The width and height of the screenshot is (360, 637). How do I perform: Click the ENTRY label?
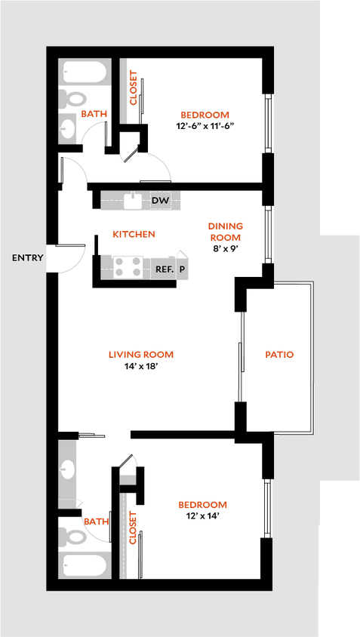pyautogui.click(x=27, y=258)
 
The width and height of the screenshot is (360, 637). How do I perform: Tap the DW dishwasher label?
pyautogui.click(x=160, y=201)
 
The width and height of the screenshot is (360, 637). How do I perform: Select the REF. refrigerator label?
pyautogui.click(x=165, y=268)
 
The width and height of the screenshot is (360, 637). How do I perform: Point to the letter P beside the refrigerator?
pyautogui.click(x=182, y=268)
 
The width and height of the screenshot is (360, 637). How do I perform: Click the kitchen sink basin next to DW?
pyautogui.click(x=133, y=201)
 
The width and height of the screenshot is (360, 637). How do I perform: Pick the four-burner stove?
pyautogui.click(x=128, y=267)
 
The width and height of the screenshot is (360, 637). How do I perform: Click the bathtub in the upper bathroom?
pyautogui.click(x=85, y=72)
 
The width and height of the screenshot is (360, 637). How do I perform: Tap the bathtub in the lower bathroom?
pyautogui.click(x=85, y=565)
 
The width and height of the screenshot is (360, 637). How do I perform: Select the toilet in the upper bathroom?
pyautogui.click(x=74, y=99)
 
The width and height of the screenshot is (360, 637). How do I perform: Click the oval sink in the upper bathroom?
pyautogui.click(x=68, y=128)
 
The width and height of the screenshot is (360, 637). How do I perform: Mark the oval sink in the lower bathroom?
pyautogui.click(x=68, y=469)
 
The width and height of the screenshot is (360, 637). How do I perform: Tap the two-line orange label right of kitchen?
pyautogui.click(x=225, y=232)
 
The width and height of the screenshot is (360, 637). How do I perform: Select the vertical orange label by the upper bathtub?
pyautogui.click(x=134, y=88)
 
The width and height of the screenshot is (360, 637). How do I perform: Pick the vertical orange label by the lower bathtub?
pyautogui.click(x=133, y=528)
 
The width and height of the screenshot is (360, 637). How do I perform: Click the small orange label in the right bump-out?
pyautogui.click(x=278, y=355)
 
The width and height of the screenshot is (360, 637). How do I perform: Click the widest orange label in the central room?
pyautogui.click(x=141, y=355)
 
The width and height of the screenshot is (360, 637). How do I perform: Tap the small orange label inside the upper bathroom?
pyautogui.click(x=94, y=113)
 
